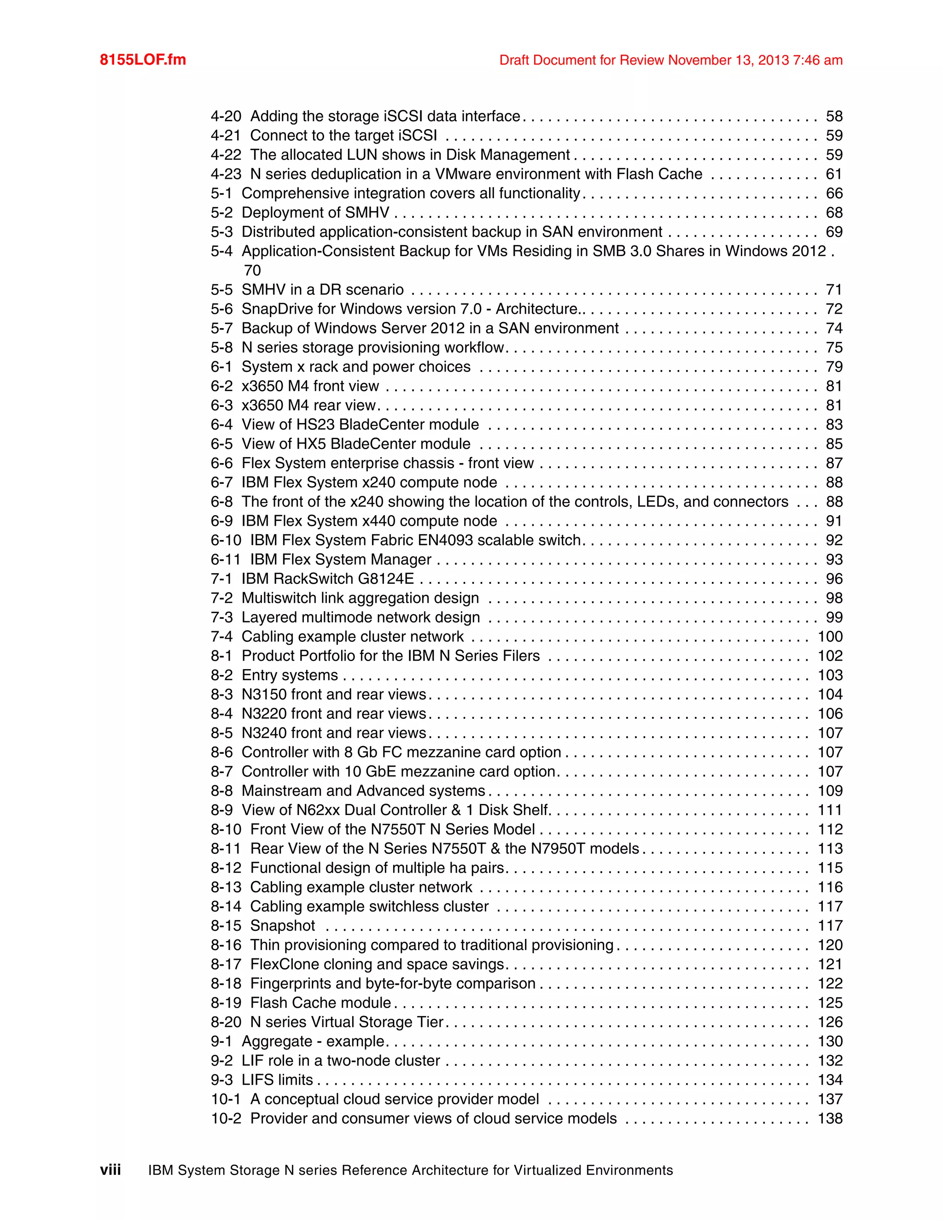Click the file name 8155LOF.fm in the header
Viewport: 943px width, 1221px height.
[x=142, y=60]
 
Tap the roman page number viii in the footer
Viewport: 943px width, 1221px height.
[x=110, y=1170]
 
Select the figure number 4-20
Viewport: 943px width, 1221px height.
[x=226, y=116]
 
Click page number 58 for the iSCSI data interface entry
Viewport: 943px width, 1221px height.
[x=834, y=116]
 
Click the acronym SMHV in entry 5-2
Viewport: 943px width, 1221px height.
[x=367, y=212]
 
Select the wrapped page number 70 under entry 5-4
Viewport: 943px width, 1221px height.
[x=252, y=270]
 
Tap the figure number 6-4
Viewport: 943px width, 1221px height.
[x=222, y=425]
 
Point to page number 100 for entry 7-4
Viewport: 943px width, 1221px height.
[x=830, y=637]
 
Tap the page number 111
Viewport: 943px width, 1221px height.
[x=830, y=810]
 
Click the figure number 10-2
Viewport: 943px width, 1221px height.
[x=226, y=1119]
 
